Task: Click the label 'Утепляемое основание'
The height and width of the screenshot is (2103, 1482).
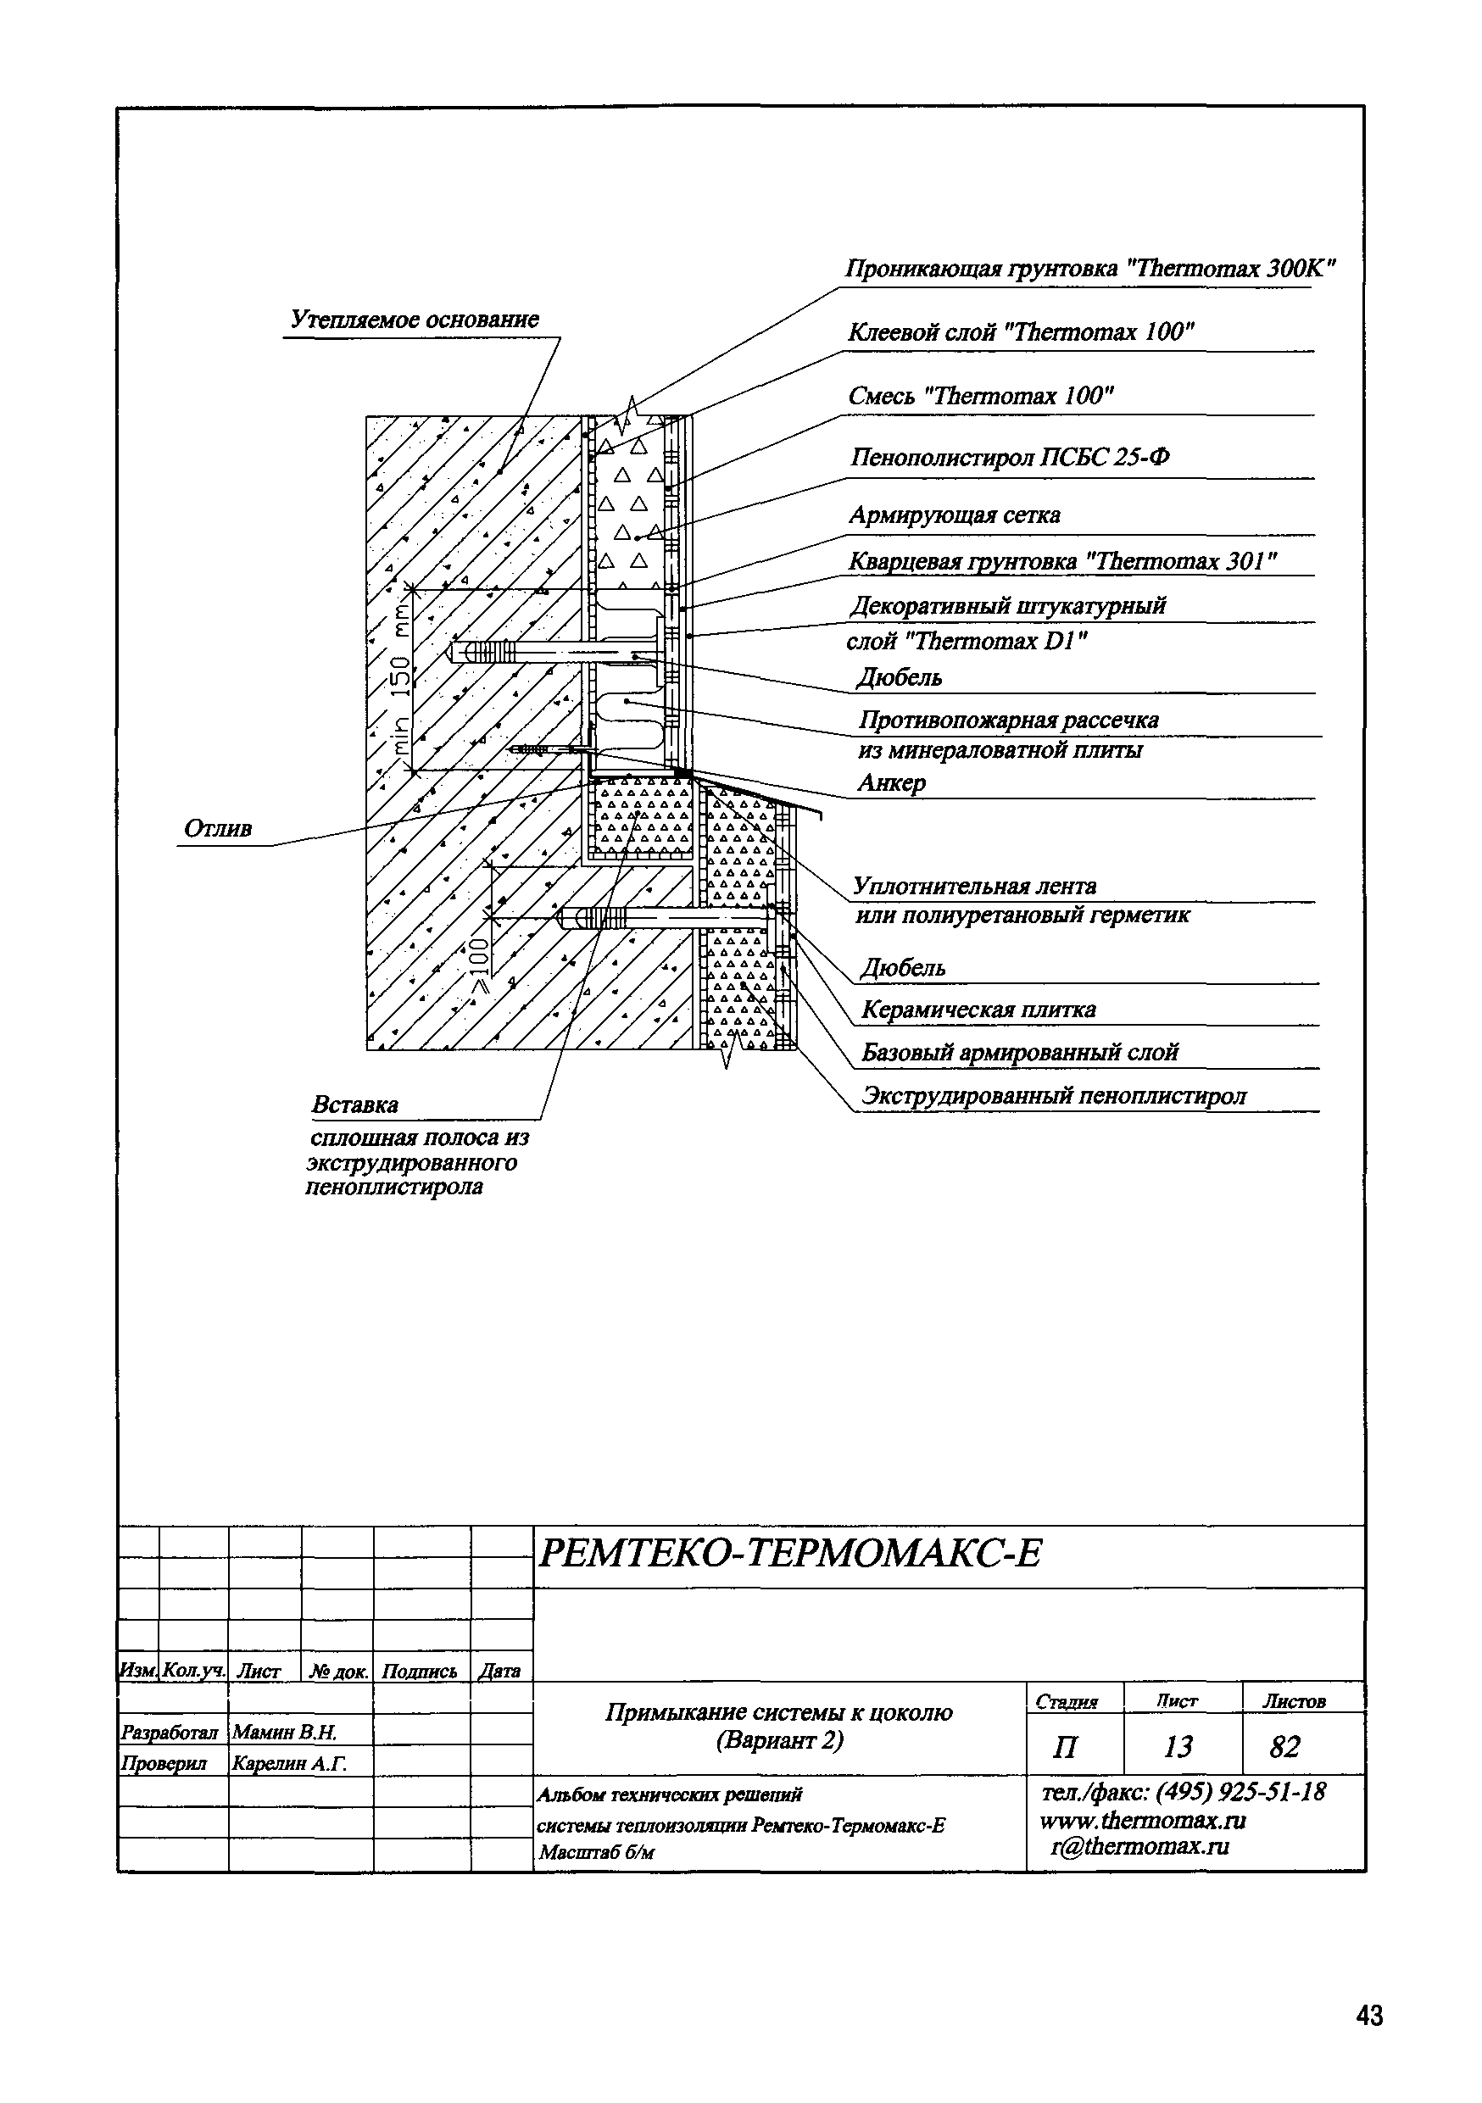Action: point(414,320)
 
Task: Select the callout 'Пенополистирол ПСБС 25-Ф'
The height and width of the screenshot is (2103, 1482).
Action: point(1010,456)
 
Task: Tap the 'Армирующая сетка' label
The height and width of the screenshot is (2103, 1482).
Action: point(954,515)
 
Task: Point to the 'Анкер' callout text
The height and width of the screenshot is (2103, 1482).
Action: point(891,782)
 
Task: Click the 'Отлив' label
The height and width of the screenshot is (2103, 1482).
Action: point(217,829)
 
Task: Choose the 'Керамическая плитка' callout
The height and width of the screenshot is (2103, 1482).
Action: point(978,1010)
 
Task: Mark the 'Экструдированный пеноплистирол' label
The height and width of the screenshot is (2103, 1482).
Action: point(1053,1096)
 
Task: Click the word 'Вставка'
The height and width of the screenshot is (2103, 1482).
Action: point(354,1104)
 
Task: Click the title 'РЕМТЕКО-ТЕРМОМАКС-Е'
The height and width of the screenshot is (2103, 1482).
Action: point(789,1554)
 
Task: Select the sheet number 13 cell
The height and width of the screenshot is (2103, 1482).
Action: point(1178,1748)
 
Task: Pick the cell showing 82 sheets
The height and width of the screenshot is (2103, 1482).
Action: point(1284,1748)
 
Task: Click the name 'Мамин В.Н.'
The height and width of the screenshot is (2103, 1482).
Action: point(285,1732)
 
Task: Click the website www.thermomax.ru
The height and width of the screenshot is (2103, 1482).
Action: point(1142,1820)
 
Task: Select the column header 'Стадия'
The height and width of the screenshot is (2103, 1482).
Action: point(1067,1702)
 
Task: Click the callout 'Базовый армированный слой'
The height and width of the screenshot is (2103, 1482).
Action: point(1019,1054)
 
